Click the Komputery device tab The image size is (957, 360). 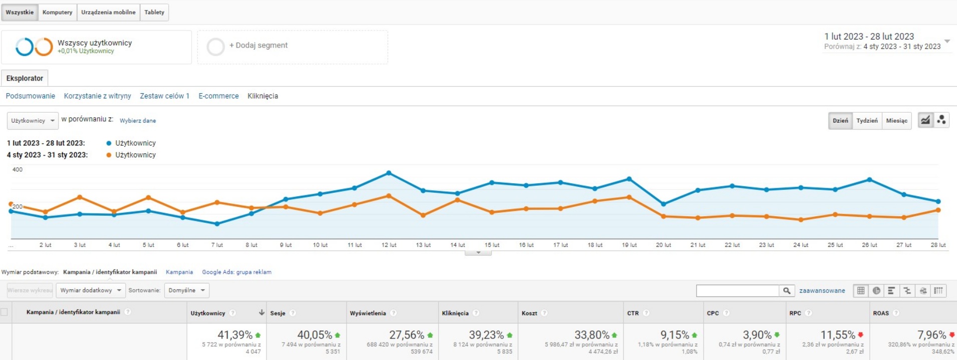tap(57, 13)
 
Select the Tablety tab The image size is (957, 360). tap(154, 13)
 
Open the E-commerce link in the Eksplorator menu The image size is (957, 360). tap(218, 96)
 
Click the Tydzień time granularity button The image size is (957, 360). tap(867, 121)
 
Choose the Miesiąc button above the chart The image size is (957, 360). tap(896, 121)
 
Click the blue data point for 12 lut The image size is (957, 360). tap(389, 173)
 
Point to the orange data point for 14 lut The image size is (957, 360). tap(458, 200)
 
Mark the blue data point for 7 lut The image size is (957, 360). tap(217, 224)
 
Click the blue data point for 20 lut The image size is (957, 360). tap(664, 204)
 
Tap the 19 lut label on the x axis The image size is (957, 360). tap(629, 245)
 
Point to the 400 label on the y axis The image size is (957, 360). tap(18, 170)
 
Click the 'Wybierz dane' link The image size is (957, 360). tap(138, 121)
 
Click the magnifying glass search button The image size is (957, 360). tap(787, 291)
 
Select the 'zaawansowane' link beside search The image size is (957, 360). tap(822, 291)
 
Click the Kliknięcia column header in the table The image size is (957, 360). tap(455, 313)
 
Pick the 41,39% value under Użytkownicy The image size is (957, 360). tap(235, 335)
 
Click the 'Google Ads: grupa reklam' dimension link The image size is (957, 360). tap(236, 272)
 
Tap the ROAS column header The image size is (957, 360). tap(881, 313)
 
